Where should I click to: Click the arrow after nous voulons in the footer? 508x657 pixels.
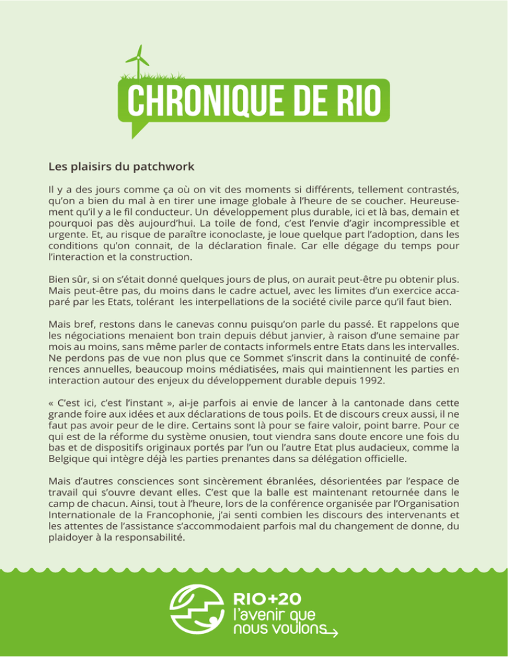[x=333, y=633]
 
